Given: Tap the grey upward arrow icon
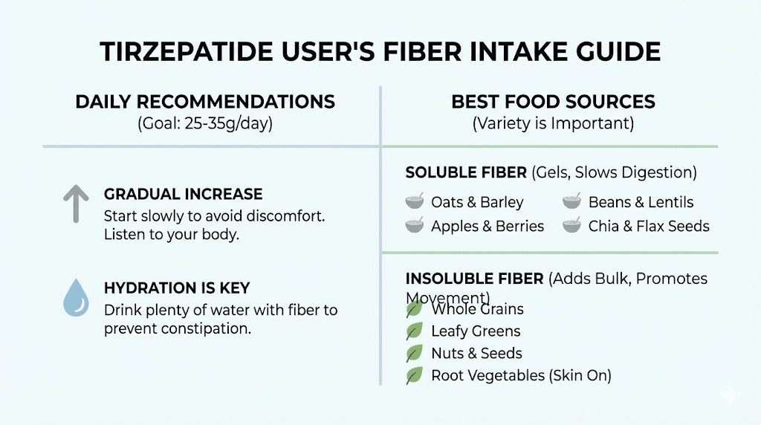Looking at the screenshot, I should click(x=75, y=204).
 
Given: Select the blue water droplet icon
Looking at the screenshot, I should click(x=75, y=298).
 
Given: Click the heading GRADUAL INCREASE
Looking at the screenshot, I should click(x=183, y=195).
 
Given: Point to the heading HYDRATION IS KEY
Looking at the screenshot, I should click(x=177, y=288).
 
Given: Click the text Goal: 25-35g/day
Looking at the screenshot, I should click(x=205, y=124).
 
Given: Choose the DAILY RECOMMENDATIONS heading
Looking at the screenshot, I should click(x=205, y=102).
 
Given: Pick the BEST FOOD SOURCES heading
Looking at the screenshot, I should click(x=553, y=102).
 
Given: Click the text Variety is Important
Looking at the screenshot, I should click(x=553, y=124).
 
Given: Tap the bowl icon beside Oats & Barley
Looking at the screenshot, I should click(x=415, y=201).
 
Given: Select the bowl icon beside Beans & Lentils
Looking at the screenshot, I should click(x=571, y=201).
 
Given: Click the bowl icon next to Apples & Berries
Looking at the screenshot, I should click(x=415, y=225).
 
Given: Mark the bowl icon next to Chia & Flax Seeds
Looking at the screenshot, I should click(x=571, y=225).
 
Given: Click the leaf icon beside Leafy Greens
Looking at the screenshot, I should click(x=414, y=331).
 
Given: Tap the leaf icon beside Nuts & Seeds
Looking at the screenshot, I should click(x=414, y=354).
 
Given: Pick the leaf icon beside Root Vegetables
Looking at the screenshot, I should click(x=414, y=376).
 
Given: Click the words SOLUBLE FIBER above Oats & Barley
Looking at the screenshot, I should click(x=466, y=172).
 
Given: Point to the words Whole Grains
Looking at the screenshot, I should click(x=477, y=309).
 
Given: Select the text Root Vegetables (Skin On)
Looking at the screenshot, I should click(x=521, y=376).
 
